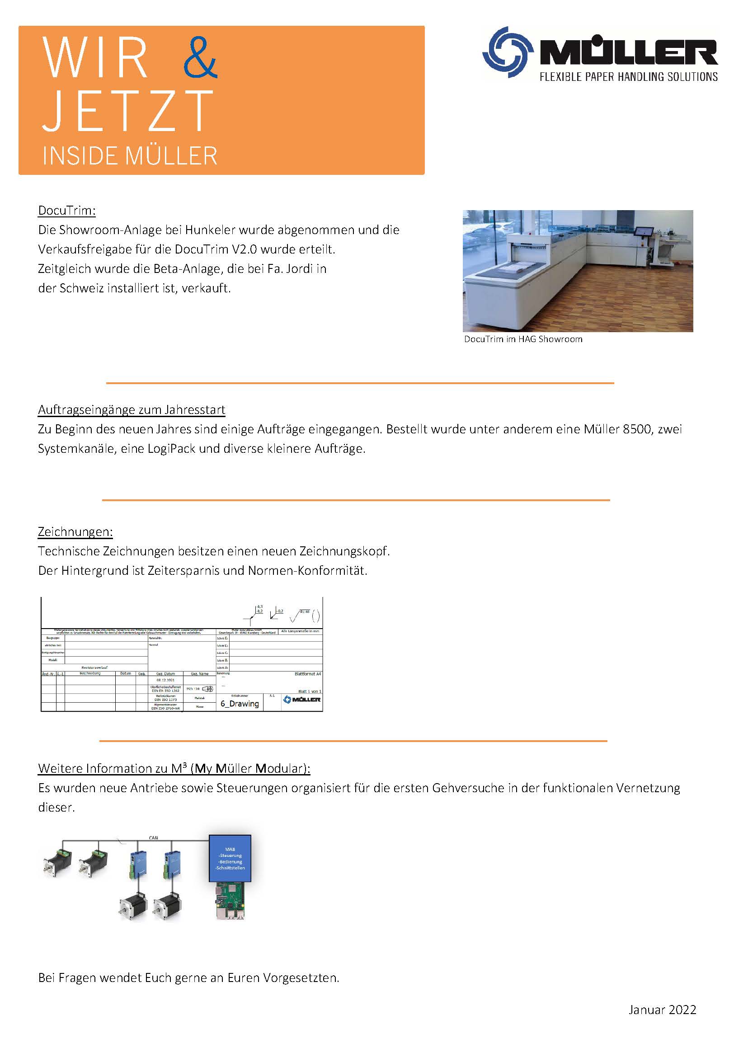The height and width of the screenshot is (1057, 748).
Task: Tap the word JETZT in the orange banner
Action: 127,111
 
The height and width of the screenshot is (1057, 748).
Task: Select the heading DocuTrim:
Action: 67,211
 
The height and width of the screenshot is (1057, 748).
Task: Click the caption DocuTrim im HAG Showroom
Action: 523,339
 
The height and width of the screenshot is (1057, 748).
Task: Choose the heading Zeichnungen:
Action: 75,531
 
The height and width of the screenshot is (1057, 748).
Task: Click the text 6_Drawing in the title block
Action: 240,703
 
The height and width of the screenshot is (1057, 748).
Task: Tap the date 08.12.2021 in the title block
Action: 165,680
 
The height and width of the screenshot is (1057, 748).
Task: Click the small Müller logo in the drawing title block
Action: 302,700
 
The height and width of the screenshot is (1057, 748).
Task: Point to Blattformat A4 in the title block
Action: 308,674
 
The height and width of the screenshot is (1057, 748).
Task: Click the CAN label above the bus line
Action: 153,838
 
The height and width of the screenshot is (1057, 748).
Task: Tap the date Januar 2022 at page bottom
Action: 662,1010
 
